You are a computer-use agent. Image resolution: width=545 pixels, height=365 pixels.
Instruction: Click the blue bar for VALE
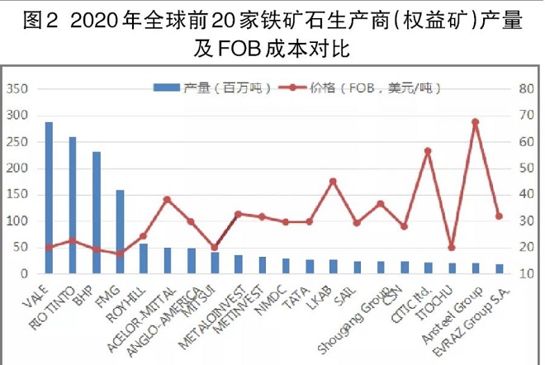pyautogui.click(x=49, y=197)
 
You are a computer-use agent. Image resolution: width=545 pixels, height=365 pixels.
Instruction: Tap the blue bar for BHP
pyautogui.click(x=97, y=212)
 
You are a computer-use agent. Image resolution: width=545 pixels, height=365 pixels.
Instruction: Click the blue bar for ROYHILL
pyautogui.click(x=144, y=258)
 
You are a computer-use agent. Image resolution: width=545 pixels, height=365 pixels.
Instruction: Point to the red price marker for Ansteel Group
pyautogui.click(x=475, y=122)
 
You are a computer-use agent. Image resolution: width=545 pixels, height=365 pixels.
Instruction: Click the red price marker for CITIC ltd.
pyautogui.click(x=428, y=151)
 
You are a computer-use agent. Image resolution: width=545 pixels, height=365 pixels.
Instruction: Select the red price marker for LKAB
pyautogui.click(x=333, y=182)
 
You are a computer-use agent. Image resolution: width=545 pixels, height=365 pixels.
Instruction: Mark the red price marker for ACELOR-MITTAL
pyautogui.click(x=167, y=199)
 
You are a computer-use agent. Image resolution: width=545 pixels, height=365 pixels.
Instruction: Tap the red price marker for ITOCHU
pyautogui.click(x=451, y=247)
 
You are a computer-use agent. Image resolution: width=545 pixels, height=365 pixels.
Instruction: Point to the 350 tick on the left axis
pyautogui.click(x=17, y=88)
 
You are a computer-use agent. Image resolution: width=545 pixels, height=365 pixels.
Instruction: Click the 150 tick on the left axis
pyautogui.click(x=17, y=195)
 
